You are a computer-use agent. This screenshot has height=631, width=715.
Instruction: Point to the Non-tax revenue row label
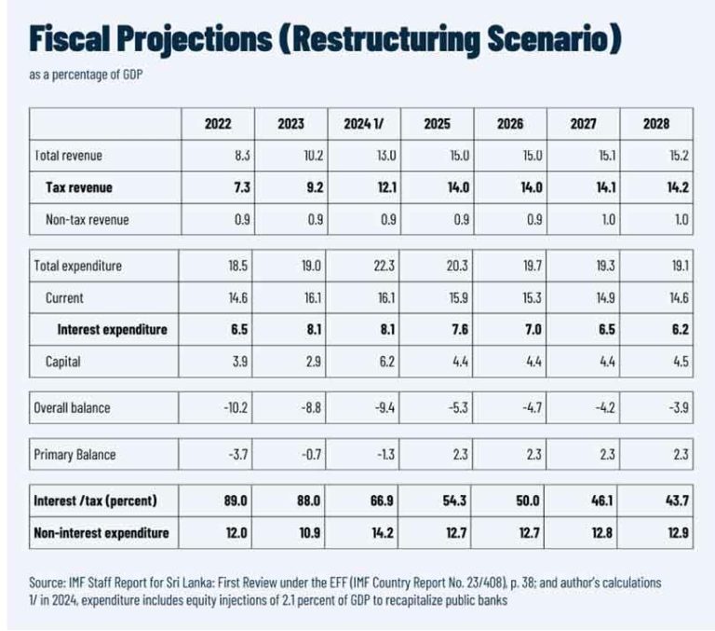pos(88,220)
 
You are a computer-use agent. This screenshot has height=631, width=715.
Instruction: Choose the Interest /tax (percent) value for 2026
pos(525,501)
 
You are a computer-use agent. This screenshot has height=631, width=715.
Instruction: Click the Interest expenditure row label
pos(113,330)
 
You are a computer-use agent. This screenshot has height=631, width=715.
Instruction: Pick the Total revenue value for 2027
pos(600,156)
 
